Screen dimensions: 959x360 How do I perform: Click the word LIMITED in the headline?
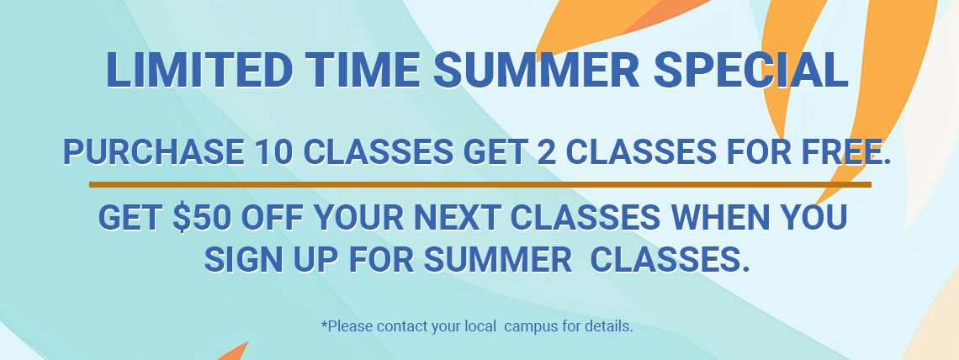[x=199, y=70]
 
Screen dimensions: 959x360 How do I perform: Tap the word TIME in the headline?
[x=363, y=70]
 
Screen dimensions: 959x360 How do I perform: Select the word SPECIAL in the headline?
[x=751, y=70]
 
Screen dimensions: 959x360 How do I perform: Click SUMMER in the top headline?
[x=537, y=70]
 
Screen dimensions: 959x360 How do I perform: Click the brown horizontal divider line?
[x=480, y=184]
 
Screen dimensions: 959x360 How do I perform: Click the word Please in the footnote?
[x=347, y=326]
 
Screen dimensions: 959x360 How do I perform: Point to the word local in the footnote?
[x=478, y=326]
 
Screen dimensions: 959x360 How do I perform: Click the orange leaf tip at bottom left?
[x=247, y=342]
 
